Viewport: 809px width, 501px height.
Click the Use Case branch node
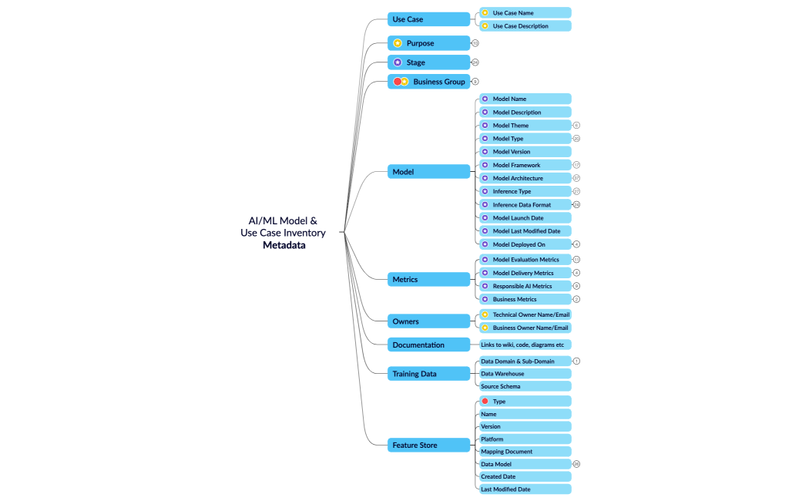coord(428,19)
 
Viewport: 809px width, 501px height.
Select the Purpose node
coord(428,43)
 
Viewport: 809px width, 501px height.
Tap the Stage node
coord(428,62)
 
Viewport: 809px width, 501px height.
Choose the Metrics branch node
coord(428,279)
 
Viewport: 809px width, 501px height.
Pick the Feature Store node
coord(428,445)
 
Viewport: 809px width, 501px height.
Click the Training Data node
coord(428,374)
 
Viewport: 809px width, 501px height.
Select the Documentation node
coord(428,345)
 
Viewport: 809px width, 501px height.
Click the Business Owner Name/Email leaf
coord(525,328)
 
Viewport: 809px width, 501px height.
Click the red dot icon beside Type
coord(485,402)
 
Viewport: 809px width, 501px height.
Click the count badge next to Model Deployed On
coord(576,244)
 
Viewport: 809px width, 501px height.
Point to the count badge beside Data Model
coord(576,464)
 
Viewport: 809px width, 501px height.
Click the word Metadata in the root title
coord(284,246)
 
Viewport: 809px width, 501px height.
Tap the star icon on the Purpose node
coord(398,43)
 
